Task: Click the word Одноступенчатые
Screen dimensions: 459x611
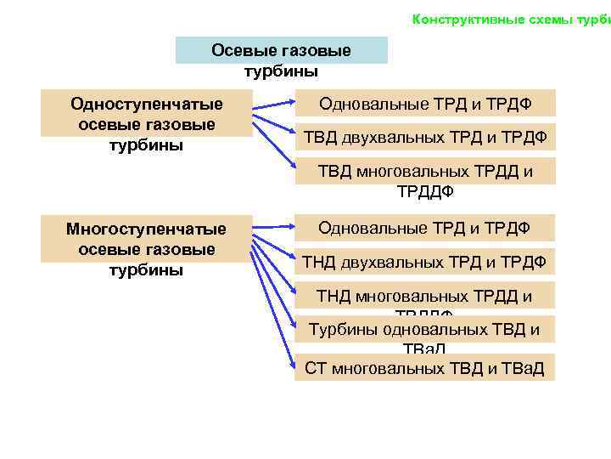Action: click(147, 105)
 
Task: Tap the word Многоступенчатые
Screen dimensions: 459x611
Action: click(146, 229)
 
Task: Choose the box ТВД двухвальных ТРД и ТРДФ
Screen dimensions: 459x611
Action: click(425, 136)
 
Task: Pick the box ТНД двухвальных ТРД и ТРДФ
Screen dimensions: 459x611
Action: click(425, 261)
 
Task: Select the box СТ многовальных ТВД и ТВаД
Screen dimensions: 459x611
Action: click(424, 368)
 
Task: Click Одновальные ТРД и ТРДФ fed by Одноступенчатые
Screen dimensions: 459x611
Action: click(425, 104)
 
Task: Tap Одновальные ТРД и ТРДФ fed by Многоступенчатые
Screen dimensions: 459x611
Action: click(424, 228)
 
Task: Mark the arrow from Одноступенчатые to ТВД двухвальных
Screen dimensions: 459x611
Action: click(273, 122)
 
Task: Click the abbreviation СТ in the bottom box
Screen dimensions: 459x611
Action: click(316, 368)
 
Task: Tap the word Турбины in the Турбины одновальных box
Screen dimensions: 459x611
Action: click(342, 330)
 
